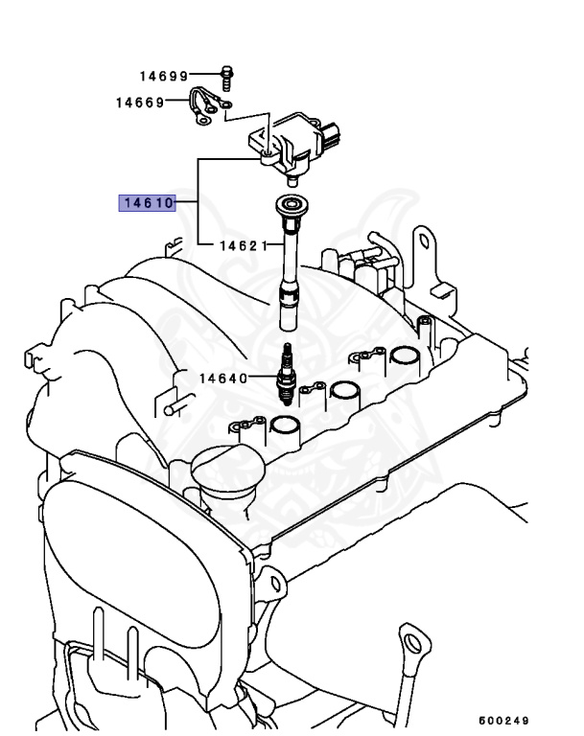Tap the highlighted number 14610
click(146, 203)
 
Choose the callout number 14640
click(224, 378)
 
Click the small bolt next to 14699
click(227, 74)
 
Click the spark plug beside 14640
click(285, 379)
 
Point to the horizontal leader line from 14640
click(263, 378)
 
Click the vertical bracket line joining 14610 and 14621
click(199, 203)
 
